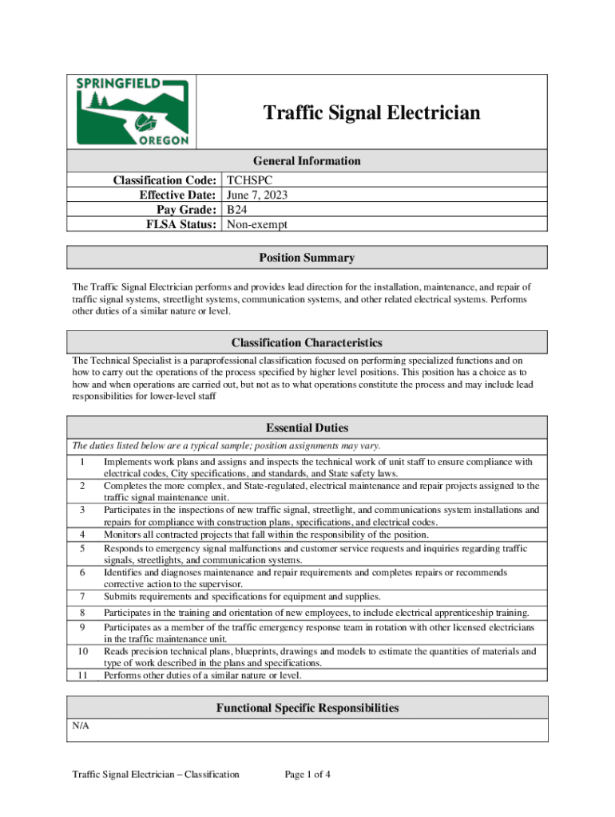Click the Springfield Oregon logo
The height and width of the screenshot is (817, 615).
(132, 112)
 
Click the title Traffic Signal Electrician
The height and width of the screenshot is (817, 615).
(372, 113)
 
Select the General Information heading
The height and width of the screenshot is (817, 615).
(307, 160)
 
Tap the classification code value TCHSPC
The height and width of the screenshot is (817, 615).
(250, 181)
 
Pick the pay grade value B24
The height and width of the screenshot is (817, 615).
(237, 210)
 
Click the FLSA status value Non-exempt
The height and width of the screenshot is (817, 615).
(256, 225)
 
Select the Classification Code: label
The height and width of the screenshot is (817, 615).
(165, 181)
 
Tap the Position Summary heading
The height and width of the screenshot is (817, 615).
(307, 258)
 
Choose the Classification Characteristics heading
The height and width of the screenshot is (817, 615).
(307, 342)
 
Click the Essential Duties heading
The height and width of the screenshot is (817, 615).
(307, 428)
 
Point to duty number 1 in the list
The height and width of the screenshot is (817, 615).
(81, 462)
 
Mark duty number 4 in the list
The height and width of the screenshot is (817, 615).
(81, 535)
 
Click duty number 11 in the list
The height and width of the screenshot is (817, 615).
(81, 675)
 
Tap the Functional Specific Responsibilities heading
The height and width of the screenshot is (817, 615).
(307, 708)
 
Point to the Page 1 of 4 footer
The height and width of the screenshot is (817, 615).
(307, 774)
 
